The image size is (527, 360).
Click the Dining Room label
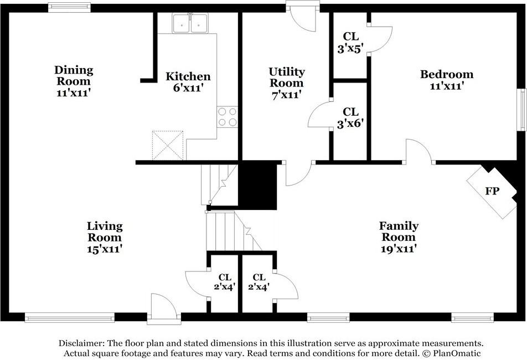(x=74, y=76)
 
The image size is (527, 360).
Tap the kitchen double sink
(x=190, y=23)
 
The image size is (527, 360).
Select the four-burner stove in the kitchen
(x=227, y=117)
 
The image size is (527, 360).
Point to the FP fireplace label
(x=492, y=191)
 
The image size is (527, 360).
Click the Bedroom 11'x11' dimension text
(x=447, y=86)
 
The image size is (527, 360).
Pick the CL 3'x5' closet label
(x=350, y=43)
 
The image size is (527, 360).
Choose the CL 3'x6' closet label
(x=350, y=117)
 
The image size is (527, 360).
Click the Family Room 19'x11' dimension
(x=399, y=249)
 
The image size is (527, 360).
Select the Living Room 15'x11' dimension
(x=105, y=249)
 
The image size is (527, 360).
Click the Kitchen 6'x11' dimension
(x=188, y=88)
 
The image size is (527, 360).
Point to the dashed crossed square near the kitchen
(x=168, y=145)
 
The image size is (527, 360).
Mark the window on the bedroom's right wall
(x=522, y=110)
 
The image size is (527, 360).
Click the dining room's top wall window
(x=69, y=7)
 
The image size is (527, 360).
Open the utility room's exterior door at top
(x=302, y=16)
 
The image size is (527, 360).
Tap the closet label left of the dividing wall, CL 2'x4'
(x=225, y=282)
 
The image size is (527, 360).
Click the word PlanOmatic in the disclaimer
(x=457, y=353)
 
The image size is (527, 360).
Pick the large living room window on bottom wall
(x=70, y=318)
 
